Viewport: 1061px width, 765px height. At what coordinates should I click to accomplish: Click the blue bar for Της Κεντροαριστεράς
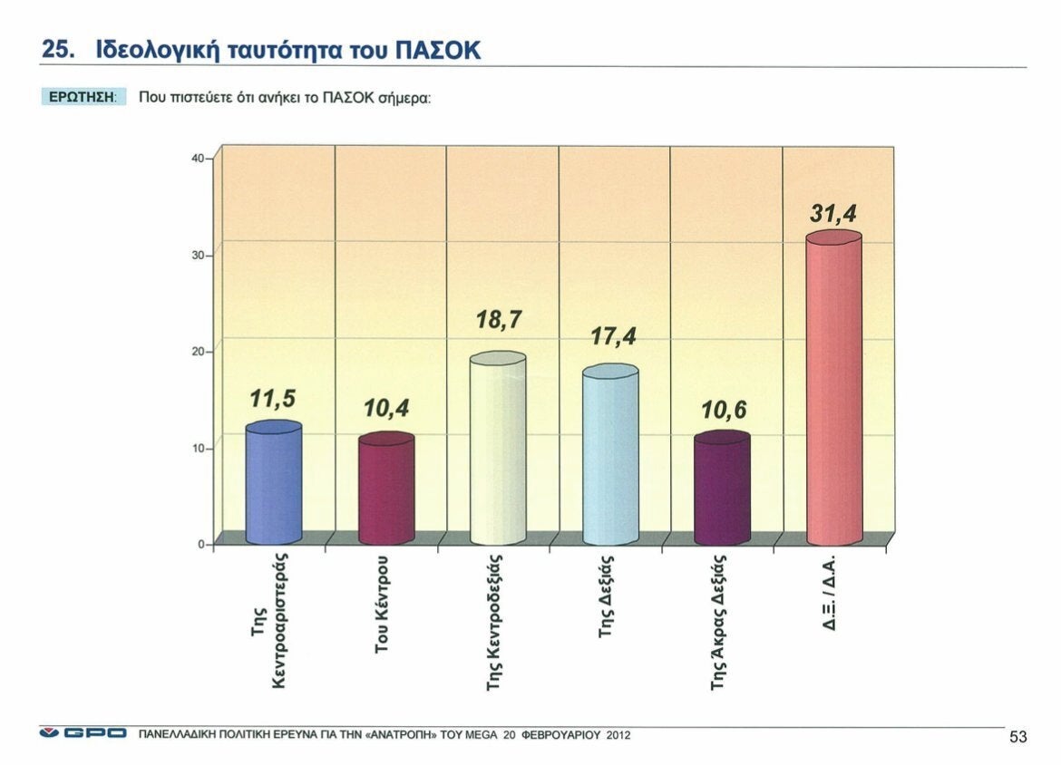coord(273,485)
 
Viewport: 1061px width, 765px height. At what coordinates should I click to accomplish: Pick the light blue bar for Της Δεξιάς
coord(610,458)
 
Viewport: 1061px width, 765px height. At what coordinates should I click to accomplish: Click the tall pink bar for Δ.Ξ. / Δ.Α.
coord(833,390)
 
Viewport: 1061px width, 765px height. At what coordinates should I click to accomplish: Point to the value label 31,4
coord(832,214)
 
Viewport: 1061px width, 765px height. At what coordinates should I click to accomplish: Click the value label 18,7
coord(500,320)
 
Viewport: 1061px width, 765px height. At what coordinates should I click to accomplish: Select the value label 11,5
coord(273,400)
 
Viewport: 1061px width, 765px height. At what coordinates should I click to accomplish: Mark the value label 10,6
coord(724,411)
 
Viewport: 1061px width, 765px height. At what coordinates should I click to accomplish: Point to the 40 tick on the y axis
coord(198,159)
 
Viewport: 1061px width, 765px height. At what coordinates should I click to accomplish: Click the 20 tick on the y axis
coord(198,352)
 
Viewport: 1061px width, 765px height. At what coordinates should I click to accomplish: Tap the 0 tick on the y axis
coord(200,545)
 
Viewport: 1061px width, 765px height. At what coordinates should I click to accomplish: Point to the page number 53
coord(1017,737)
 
